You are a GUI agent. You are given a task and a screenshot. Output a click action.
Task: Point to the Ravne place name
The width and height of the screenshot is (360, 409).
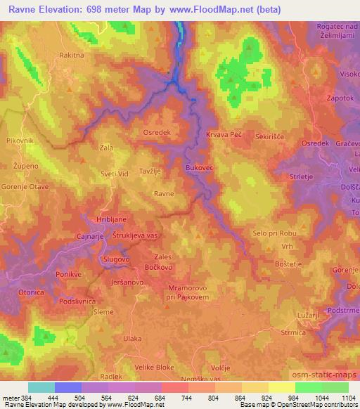[164, 193]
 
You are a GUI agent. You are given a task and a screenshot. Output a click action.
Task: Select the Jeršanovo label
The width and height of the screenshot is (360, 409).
[127, 281]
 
